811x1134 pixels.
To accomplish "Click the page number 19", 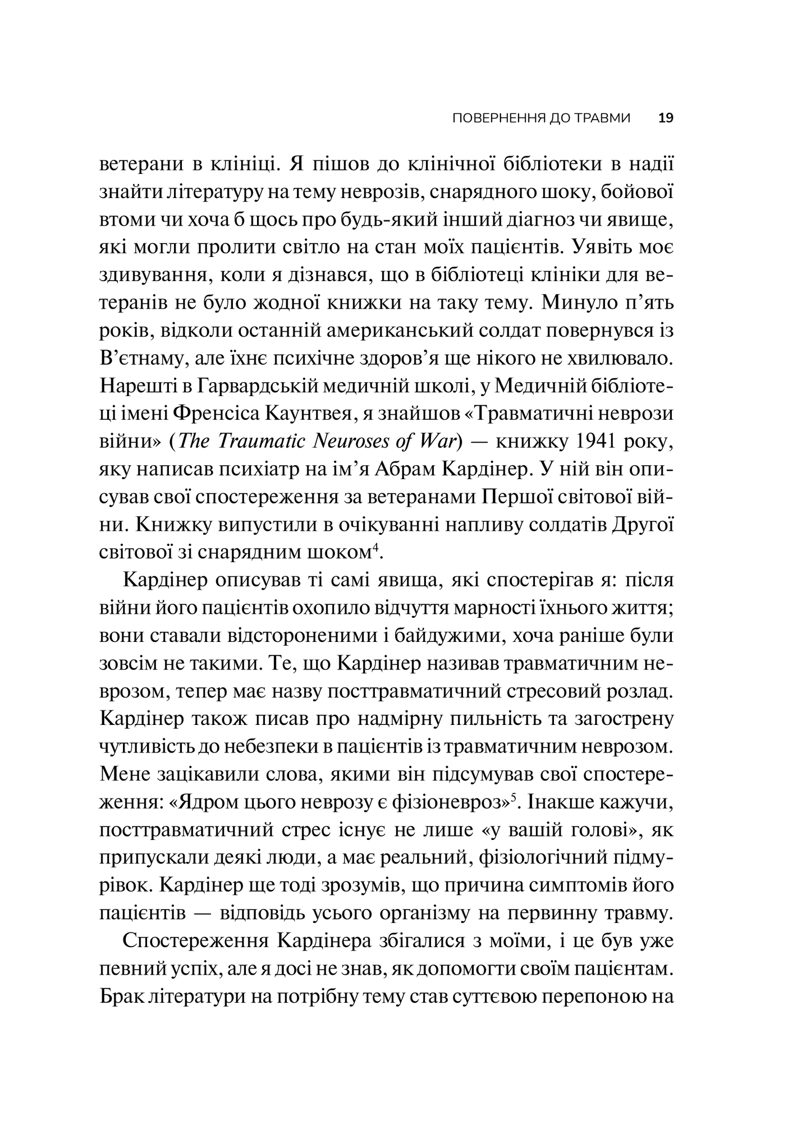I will click(666, 118).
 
